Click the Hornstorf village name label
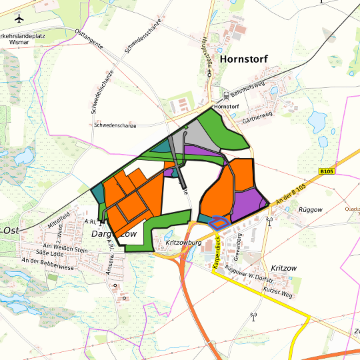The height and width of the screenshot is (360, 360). tap(243, 59)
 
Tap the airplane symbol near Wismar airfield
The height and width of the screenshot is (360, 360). tap(18, 18)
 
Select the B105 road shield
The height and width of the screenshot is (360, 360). tap(326, 171)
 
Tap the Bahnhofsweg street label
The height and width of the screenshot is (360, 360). tap(252, 90)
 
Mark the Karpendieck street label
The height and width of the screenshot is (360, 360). tap(215, 256)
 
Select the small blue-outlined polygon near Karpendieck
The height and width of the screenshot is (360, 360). tap(217, 222)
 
